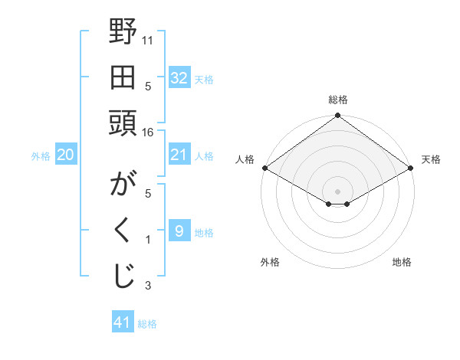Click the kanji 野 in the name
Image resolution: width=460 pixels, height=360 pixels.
tap(123, 34)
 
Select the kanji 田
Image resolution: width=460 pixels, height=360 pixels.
tap(123, 77)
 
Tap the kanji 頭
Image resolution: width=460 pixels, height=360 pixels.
tap(123, 123)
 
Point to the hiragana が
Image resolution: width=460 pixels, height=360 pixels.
tap(123, 185)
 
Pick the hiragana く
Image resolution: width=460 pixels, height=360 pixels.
tap(123, 231)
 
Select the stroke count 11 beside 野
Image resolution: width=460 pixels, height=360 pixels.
tap(148, 39)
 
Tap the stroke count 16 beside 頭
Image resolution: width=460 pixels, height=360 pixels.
tap(148, 132)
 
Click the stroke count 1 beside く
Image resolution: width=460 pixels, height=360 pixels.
tap(148, 240)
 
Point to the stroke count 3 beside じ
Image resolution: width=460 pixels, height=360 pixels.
tap(148, 286)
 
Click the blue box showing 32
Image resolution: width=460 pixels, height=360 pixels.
tap(179, 78)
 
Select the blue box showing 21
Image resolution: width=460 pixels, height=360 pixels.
tap(179, 155)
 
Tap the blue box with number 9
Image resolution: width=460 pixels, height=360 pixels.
tap(179, 231)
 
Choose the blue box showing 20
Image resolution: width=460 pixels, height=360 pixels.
tap(65, 155)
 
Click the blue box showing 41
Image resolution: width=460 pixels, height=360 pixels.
tap(123, 322)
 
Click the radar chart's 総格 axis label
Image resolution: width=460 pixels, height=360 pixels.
tap(338, 100)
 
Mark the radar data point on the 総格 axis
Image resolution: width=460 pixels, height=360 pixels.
tap(338, 116)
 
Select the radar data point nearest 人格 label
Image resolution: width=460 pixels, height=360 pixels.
tap(264, 168)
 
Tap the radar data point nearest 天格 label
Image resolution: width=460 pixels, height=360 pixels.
tap(412, 168)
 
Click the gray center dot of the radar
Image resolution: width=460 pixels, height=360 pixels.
tap(338, 191)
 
